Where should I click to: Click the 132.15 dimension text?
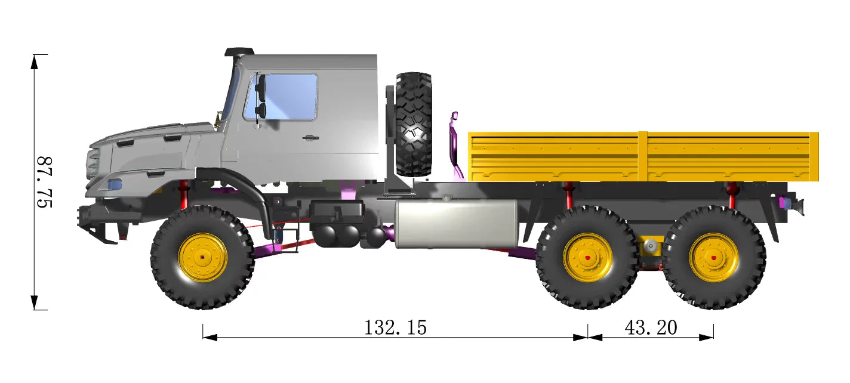click(x=395, y=328)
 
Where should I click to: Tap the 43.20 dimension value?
click(x=651, y=328)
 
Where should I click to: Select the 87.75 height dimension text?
click(x=44, y=182)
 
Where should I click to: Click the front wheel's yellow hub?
click(x=202, y=258)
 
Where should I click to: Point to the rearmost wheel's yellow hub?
click(x=713, y=258)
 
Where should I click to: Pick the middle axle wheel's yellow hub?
click(x=587, y=258)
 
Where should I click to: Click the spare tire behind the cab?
click(x=413, y=124)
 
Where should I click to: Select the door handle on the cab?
click(x=310, y=138)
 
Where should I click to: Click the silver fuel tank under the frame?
click(x=456, y=224)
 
